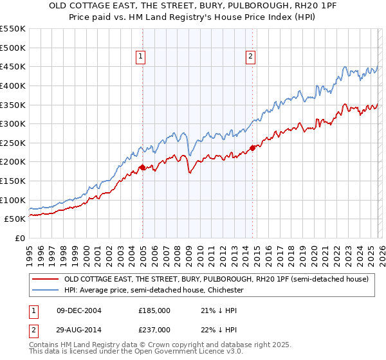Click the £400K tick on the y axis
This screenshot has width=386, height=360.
point(13,85)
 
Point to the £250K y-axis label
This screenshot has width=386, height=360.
point(13,143)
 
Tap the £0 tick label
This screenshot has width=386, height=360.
point(19,238)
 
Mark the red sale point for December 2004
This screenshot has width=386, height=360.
point(142,168)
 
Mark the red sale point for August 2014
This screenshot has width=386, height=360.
point(252,148)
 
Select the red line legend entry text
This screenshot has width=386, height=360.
point(216,280)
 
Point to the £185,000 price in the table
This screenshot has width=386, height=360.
point(154,310)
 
